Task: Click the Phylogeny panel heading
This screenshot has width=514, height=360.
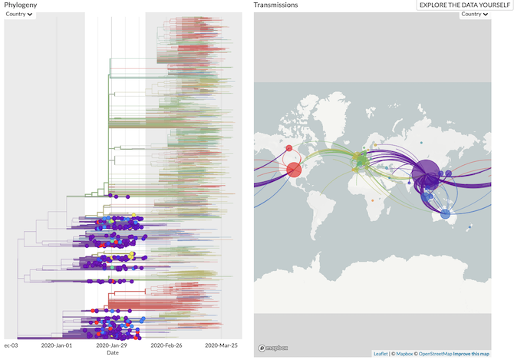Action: (21, 5)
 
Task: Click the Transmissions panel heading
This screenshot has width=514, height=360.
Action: (276, 5)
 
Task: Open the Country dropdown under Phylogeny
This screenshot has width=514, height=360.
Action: (20, 14)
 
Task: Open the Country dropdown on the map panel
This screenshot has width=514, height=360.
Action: (474, 14)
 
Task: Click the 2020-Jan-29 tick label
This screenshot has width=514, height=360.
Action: (112, 345)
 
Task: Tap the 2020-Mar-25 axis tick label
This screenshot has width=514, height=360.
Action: (221, 345)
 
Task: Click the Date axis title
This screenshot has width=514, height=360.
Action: (113, 353)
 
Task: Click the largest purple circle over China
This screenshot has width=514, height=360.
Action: (425, 173)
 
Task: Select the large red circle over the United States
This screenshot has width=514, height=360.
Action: (293, 170)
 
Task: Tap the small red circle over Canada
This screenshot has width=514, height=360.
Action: (289, 149)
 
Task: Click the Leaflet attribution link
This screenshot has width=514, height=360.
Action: (381, 354)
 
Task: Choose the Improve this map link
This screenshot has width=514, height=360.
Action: (472, 354)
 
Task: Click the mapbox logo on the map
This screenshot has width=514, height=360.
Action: (272, 347)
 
